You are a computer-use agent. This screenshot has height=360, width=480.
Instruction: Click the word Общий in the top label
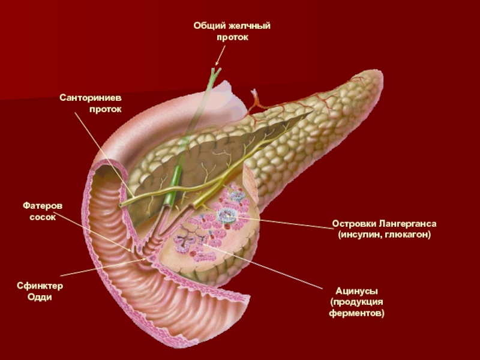tap(208, 26)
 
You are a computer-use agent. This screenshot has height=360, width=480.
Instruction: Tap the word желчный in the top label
tap(247, 26)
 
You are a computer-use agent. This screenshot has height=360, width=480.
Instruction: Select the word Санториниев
tap(89, 98)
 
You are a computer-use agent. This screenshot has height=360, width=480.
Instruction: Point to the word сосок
tap(43, 217)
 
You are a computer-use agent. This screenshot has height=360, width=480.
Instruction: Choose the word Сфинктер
tap(40, 286)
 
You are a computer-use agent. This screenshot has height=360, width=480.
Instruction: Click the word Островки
tap(353, 224)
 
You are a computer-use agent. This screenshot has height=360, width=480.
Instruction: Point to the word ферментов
tap(356, 313)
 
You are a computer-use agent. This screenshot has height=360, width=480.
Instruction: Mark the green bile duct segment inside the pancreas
tap(176, 180)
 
